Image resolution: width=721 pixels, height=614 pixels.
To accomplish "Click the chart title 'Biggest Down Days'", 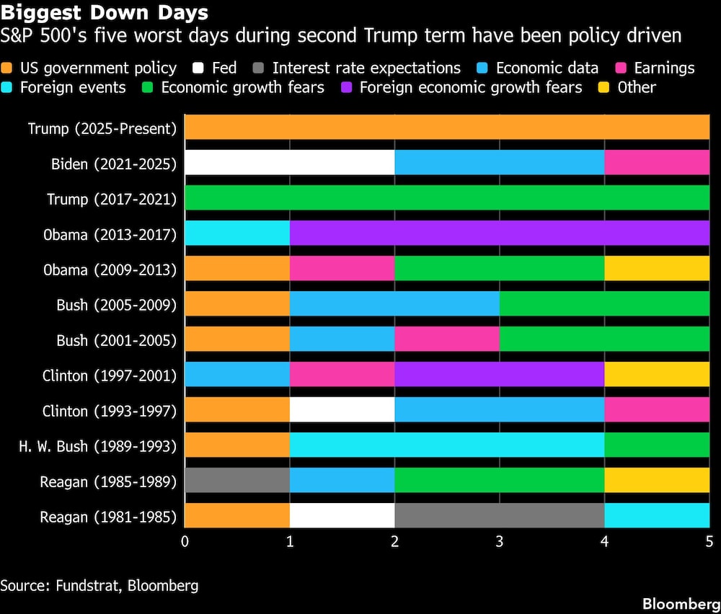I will pos(105,12).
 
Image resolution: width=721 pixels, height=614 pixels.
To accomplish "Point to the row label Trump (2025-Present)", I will pos(102,128).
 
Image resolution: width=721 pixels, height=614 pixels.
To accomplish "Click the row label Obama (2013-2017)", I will pos(112,234).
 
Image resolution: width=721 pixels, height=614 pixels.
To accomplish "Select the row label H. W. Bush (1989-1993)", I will pos(97,446).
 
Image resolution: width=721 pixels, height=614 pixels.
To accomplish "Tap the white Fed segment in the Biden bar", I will pos(290,163).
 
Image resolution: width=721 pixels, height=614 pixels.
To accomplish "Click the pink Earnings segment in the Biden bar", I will pos(657,163).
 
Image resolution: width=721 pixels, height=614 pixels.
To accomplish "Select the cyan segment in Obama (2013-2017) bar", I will pos(237,233).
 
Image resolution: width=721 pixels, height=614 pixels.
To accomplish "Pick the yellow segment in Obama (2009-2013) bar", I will pos(657,269).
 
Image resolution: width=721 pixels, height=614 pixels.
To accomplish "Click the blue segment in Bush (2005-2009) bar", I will pos(394,304).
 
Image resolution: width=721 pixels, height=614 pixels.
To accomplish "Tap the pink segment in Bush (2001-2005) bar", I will pos(447,339).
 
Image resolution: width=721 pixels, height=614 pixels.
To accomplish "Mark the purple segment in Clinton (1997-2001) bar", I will pos(500,375).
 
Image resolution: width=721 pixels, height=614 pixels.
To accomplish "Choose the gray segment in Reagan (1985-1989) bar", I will pos(237,480).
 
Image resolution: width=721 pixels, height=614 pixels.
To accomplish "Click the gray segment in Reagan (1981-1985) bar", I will pos(500,515).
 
